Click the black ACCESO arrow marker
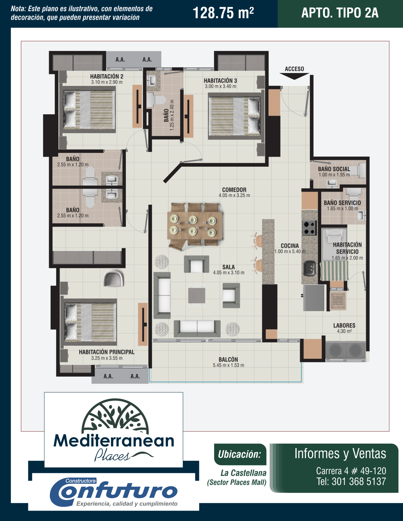click(294, 76)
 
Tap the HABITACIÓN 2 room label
click(107, 77)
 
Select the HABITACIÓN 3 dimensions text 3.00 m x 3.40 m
click(220, 87)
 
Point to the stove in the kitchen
click(309, 228)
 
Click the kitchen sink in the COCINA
click(309, 268)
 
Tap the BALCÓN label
click(228, 359)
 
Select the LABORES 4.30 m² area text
click(344, 331)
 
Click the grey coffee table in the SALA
click(197, 295)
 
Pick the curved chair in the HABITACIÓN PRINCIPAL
click(114, 278)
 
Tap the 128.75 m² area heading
click(223, 13)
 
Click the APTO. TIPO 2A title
click(340, 13)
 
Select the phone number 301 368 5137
click(359, 481)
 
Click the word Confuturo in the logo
click(114, 492)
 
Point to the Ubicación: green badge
click(240, 454)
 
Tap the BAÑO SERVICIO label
click(342, 203)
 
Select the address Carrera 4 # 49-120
click(351, 471)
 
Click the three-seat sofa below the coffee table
click(197, 329)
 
